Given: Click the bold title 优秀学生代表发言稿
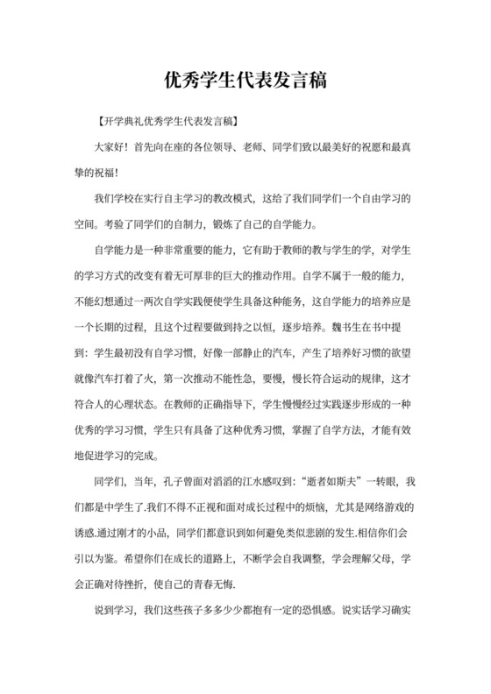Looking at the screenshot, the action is (x=245, y=81).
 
